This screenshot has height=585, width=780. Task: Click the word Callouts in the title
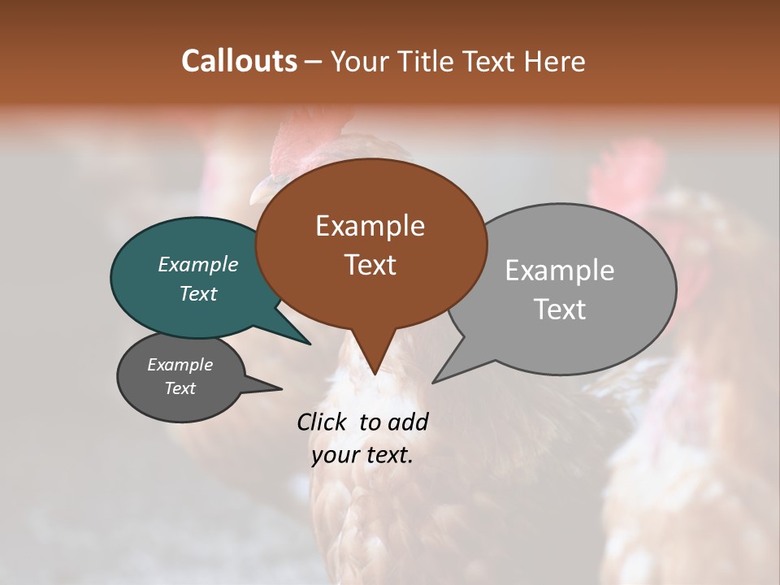(x=239, y=61)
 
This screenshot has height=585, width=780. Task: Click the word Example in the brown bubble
(x=370, y=226)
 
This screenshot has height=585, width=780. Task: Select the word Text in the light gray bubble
(x=560, y=310)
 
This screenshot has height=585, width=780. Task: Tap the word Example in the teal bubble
(x=198, y=264)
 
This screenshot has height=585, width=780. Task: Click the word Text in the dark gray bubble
(x=180, y=388)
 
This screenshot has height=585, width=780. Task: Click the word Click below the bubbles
(x=322, y=422)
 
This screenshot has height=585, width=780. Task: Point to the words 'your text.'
(x=362, y=455)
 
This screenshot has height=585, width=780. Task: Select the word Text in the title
(x=487, y=61)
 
